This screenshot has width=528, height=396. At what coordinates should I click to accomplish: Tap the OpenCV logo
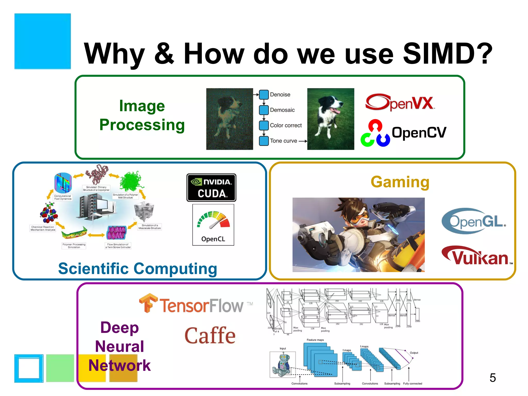(x=403, y=133)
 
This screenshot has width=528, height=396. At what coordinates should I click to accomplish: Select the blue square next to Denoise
(x=264, y=95)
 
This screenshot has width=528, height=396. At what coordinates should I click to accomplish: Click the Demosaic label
(x=282, y=110)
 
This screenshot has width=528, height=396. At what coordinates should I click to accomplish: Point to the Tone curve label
(x=283, y=141)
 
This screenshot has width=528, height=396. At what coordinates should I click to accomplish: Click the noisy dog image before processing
(x=229, y=119)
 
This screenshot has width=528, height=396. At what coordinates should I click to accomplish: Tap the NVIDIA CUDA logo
(x=211, y=187)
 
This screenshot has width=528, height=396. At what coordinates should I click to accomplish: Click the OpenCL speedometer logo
(x=213, y=225)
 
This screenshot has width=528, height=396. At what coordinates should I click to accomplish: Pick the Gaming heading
(x=400, y=182)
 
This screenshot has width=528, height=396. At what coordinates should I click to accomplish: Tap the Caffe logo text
(x=210, y=335)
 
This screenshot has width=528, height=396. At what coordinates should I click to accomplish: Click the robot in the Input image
(x=283, y=364)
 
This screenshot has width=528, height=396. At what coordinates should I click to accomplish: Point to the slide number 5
(x=492, y=378)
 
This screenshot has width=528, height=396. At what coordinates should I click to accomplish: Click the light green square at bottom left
(x=60, y=368)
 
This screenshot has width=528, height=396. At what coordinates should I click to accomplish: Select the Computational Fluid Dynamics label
(x=63, y=197)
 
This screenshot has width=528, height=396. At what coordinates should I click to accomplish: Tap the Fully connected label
(x=412, y=384)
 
